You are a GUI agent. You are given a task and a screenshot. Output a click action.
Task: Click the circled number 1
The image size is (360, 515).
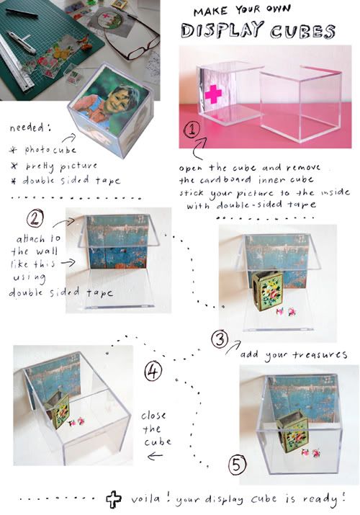[x=192, y=130]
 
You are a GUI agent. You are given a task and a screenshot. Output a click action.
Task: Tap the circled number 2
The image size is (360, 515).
[x=35, y=218]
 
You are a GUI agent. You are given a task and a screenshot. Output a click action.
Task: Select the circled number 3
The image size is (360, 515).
[x=220, y=339]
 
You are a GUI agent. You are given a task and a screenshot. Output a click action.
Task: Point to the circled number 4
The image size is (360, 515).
[x=153, y=371]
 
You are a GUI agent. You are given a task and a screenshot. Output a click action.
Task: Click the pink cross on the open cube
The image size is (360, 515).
[x=213, y=94]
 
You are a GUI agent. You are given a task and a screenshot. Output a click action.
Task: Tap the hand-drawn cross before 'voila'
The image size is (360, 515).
[x=114, y=499]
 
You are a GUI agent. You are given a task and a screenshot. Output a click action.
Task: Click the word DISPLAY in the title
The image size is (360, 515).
[x=222, y=30]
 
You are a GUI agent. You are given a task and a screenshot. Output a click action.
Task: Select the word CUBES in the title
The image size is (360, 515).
[x=302, y=31]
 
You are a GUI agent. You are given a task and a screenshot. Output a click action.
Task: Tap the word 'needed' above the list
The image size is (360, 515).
[x=26, y=127]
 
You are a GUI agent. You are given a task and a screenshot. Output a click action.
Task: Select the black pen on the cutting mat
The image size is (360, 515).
[x=22, y=13]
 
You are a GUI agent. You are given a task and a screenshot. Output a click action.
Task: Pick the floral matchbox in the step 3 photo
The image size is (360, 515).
[x=268, y=291]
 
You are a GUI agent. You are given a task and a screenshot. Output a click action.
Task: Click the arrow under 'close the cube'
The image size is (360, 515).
[x=155, y=456]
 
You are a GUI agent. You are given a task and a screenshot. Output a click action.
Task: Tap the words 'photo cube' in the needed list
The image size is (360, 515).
[x=50, y=150]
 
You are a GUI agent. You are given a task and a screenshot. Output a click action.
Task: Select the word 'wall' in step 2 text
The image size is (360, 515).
[x=47, y=251]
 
